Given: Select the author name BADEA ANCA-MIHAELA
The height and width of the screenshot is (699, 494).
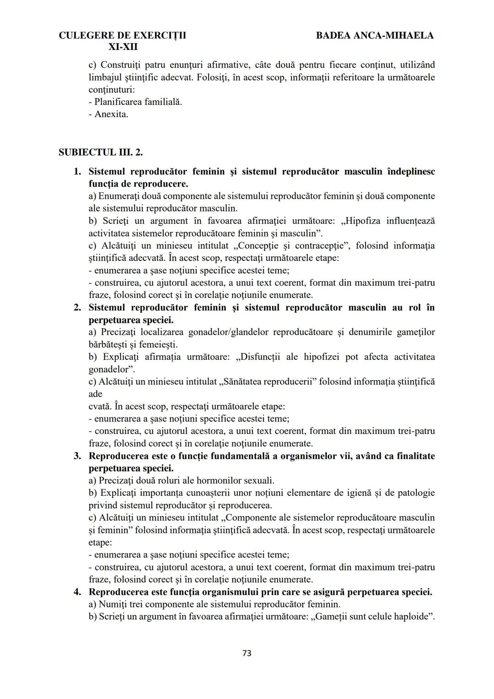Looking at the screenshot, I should pos(375,35).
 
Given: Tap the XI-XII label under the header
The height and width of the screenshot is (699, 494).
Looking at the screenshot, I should pos(123,47).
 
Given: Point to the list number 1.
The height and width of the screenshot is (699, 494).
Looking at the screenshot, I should pos(77,172).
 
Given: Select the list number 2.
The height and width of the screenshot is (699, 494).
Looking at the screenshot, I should pos(77,308).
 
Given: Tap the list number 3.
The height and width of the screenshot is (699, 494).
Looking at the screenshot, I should pos(77,456).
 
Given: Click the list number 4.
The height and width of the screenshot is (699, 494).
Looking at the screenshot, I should pos(77,592).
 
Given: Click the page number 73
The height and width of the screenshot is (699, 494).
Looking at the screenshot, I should pos(247,653).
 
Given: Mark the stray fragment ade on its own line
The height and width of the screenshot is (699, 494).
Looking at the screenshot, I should pos(95,394).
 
